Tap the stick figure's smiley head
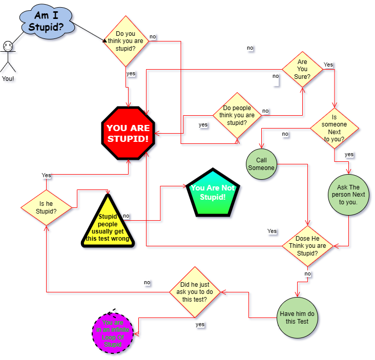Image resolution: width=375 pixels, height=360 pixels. point(8,46)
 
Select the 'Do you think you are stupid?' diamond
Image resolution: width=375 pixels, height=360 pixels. point(126,41)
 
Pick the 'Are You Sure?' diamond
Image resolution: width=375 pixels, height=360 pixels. point(302,69)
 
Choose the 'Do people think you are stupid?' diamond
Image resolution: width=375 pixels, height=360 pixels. point(237,115)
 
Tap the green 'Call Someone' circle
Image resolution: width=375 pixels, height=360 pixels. point(261,164)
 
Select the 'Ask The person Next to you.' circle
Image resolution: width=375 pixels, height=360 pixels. point(349,195)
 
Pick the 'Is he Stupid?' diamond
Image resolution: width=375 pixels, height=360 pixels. point(46,207)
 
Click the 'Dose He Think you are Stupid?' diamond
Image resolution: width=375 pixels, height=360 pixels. point(307,246)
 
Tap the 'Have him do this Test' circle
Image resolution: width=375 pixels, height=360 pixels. point(297,317)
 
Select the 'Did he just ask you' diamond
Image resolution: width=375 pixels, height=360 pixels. point(194,292)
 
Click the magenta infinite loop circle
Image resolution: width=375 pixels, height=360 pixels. point(113,333)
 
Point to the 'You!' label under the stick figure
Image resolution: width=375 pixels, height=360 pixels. point(8,78)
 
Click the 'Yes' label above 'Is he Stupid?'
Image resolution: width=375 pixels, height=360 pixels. point(46,175)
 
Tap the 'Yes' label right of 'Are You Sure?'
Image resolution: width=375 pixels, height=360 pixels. point(328,65)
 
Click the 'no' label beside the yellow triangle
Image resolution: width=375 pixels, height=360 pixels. point(126,216)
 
